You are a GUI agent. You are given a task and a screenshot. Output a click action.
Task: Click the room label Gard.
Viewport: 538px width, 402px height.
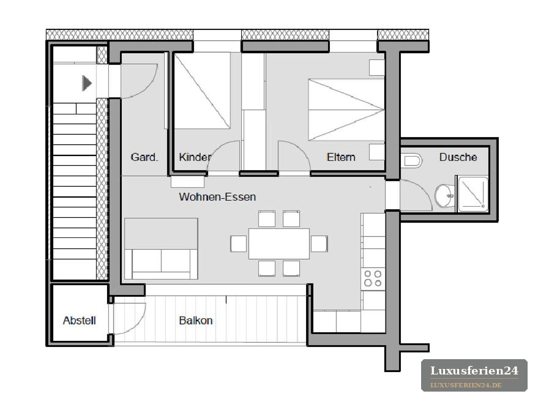pos(144,157)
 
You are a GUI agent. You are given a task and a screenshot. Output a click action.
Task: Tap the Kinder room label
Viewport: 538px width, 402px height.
pos(195,157)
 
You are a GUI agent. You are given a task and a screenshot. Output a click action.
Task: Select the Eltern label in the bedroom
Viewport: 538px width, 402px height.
pos(341,157)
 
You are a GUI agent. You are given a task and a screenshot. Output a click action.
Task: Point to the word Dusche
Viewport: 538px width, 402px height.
pos(458,157)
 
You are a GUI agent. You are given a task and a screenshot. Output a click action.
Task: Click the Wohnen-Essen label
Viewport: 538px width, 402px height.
pos(217,197)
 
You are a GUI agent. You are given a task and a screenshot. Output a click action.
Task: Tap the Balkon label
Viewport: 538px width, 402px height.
pos(196,321)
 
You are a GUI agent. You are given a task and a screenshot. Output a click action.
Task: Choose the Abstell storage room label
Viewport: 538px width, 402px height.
pos(79,321)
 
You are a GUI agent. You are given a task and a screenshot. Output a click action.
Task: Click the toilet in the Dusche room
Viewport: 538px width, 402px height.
pos(411,160)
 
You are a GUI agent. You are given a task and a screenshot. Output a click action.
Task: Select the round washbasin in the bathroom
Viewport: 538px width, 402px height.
pos(444,196)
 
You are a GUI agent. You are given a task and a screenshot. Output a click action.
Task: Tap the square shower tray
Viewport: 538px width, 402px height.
pos(473,194)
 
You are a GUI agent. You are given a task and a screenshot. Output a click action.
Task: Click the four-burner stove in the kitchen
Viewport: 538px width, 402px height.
pos(373,278)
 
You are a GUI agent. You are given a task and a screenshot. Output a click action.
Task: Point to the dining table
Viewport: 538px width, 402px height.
pos(279,244)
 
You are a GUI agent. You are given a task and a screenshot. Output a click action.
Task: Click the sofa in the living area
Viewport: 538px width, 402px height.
pos(161,248)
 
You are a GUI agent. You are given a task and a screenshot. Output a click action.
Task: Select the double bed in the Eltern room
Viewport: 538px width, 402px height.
pos(346,110)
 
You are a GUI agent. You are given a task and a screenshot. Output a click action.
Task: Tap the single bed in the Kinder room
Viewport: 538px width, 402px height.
pos(203,91)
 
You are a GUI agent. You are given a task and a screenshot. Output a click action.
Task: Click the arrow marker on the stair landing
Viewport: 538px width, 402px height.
pos(87,83)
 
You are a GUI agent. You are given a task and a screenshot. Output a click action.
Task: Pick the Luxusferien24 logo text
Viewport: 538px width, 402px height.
pos(474,371)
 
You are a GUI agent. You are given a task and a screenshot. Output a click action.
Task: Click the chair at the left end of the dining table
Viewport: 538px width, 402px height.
pos(239,244)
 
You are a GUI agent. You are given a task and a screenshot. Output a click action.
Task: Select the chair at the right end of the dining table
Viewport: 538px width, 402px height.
pos(319,244)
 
